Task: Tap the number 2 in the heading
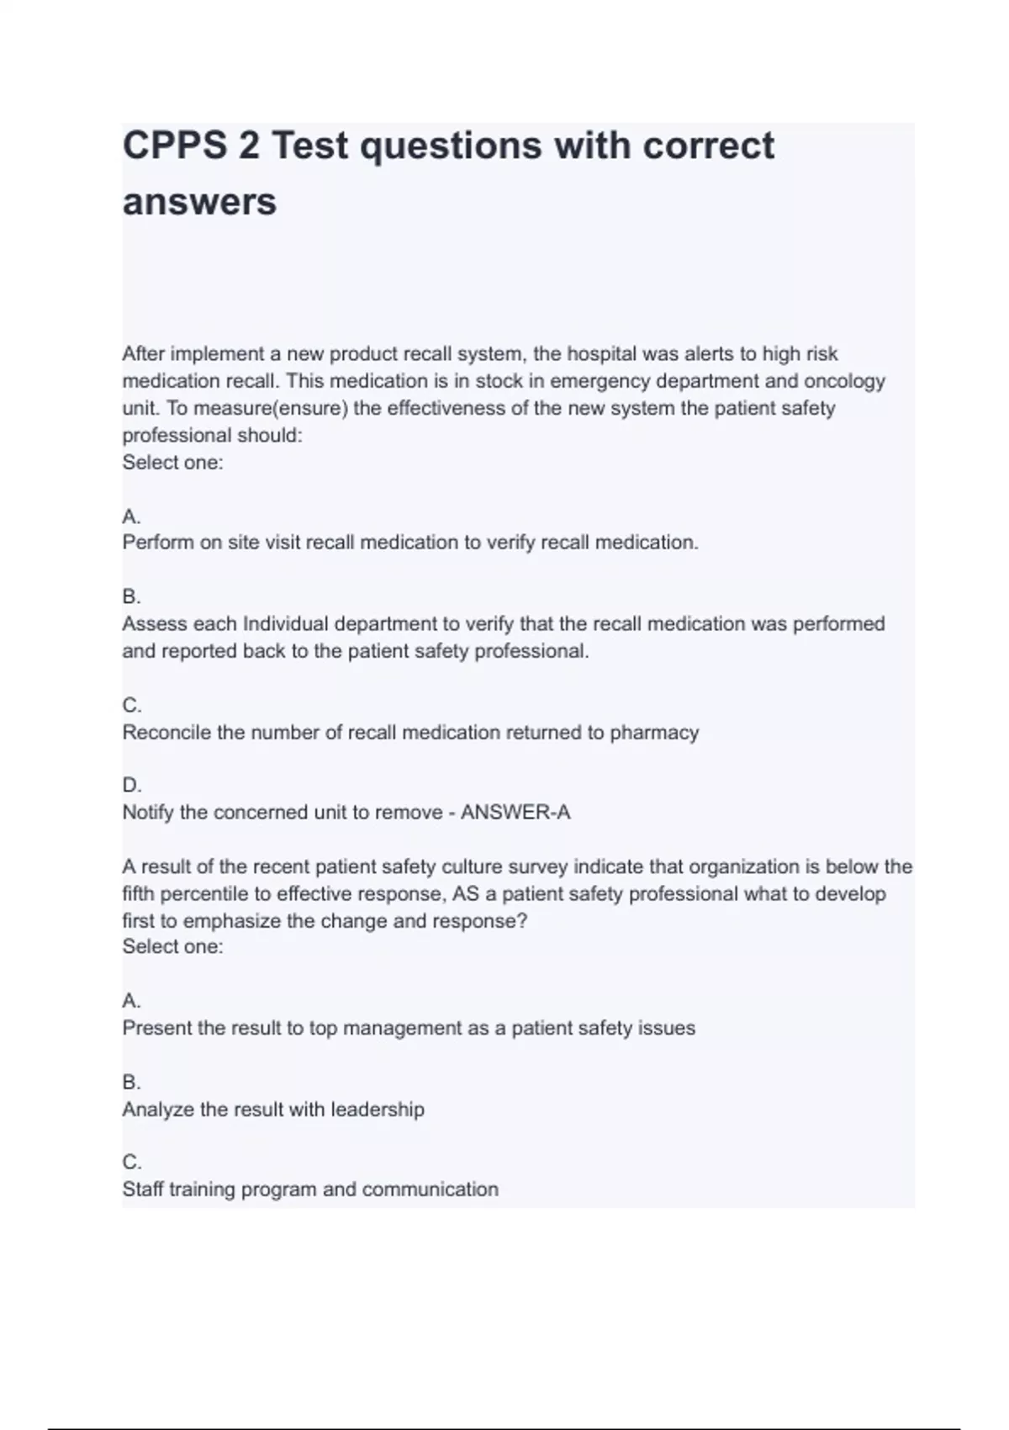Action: tap(249, 146)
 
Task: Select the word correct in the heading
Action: tap(708, 146)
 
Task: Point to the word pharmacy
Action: tap(654, 733)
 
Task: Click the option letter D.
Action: tap(131, 785)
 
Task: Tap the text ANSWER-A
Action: tap(515, 813)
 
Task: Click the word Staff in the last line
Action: tap(143, 1189)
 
